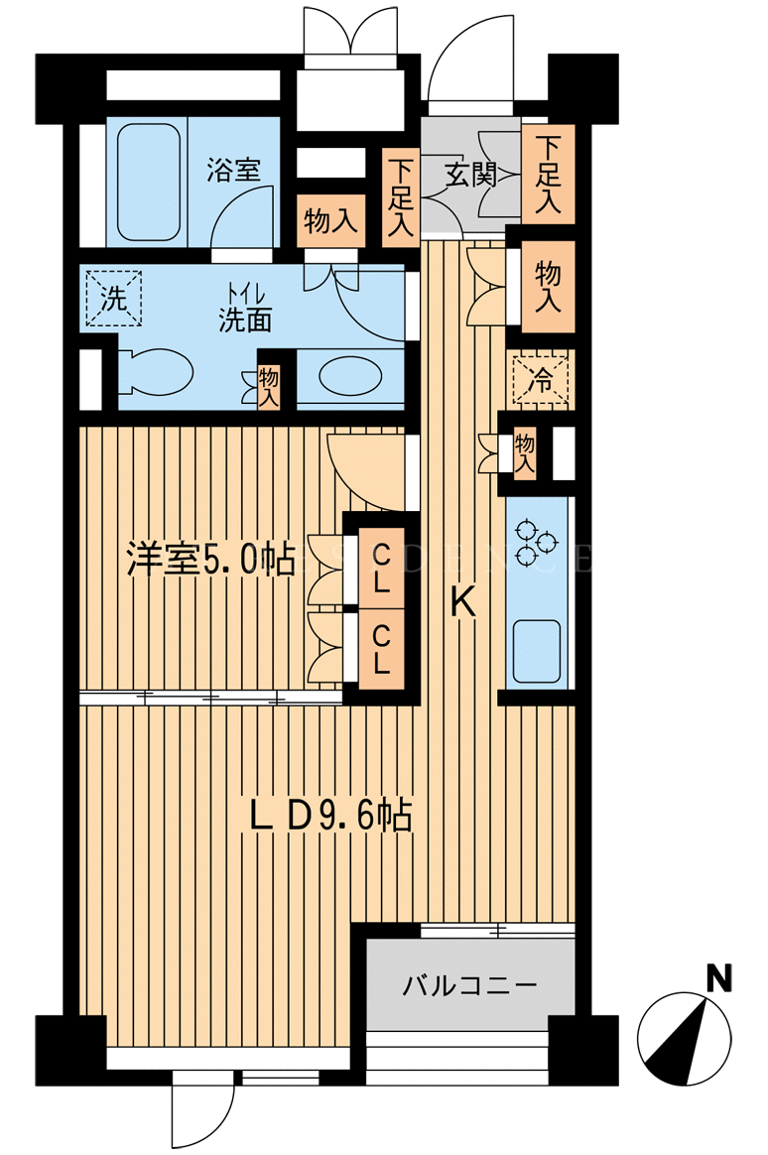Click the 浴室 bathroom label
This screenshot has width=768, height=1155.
pos(233,171)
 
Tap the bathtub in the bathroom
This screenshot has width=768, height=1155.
pos(149,182)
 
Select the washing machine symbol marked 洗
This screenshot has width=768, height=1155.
pos(113,299)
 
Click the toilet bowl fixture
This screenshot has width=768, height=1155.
pos(156,371)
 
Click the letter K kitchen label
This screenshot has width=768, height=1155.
pos(461,604)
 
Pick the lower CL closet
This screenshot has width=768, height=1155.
pos(381,649)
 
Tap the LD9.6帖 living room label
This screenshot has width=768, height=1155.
pos(329,816)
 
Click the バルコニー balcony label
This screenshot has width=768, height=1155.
pos(469,985)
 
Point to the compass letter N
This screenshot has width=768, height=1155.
pos(718,979)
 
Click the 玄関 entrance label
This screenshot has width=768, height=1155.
pos(469,175)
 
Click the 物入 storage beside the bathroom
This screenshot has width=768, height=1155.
pos(330,220)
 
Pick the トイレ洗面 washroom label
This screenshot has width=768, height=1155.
pos(244,309)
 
